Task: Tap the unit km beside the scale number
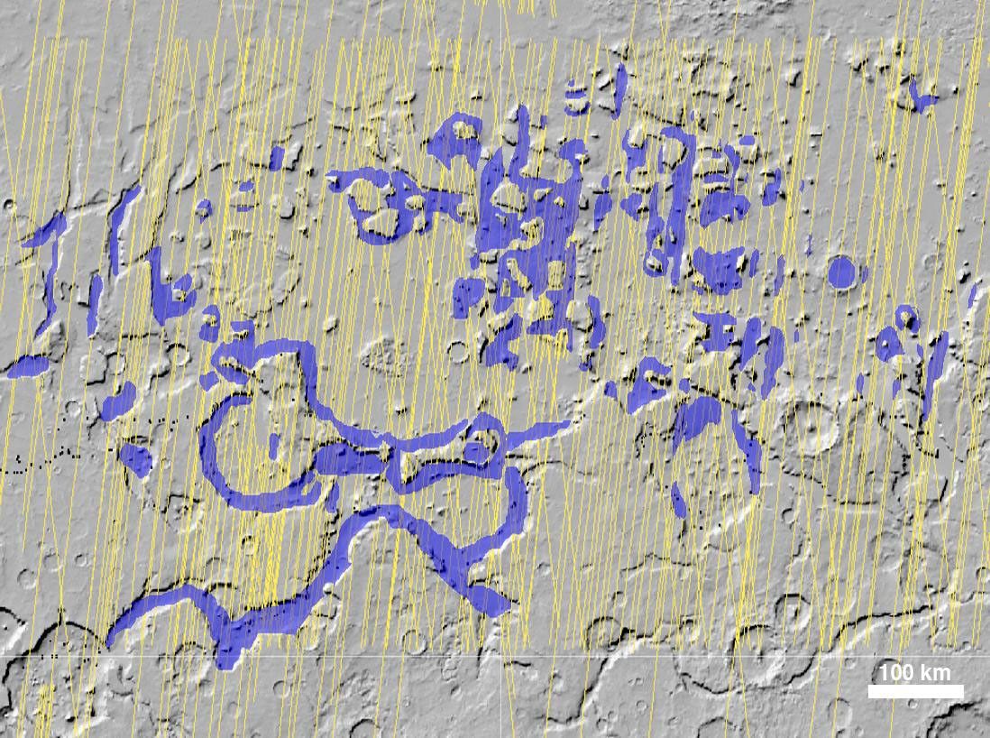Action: point(934,672)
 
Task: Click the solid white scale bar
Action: point(915,691)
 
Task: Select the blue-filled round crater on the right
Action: point(841,272)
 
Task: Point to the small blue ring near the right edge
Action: point(905,316)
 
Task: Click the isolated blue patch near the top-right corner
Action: point(921,96)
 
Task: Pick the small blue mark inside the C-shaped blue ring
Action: point(273,444)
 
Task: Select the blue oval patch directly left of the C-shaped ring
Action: point(137,458)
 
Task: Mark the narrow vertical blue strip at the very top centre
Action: point(619,90)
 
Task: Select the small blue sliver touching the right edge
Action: point(974,293)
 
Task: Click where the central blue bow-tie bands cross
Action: point(397,466)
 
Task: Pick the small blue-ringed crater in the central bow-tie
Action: point(481,443)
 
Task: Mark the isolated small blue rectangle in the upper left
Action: point(277,158)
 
